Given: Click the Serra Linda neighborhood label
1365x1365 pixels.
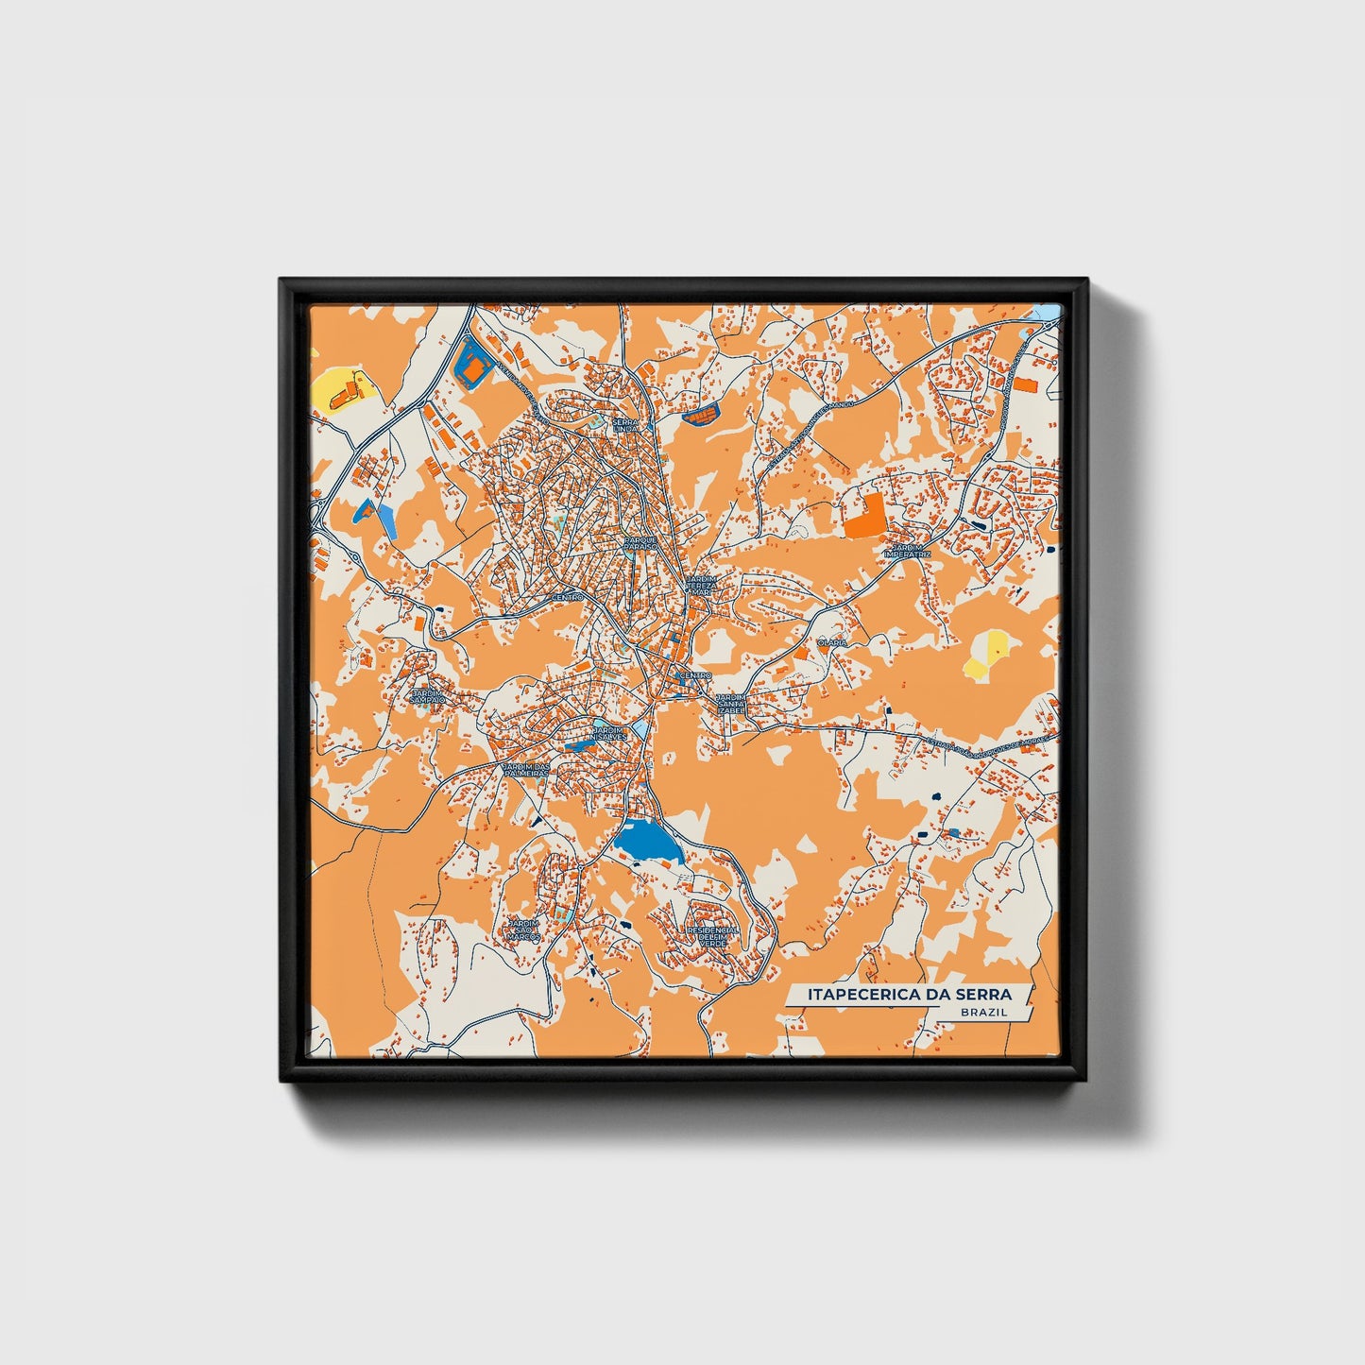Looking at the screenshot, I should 626,425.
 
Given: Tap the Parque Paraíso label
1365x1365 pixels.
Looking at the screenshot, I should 640,543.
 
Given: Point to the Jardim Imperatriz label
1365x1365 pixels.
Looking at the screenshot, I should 908,551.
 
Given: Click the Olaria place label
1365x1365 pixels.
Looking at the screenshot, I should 832,642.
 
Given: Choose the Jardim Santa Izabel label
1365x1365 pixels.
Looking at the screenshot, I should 731,703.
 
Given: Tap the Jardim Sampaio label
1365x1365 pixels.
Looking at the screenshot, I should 427,695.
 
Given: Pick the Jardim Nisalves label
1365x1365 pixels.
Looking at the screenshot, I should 608,734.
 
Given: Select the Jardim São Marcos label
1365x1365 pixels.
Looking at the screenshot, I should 523,930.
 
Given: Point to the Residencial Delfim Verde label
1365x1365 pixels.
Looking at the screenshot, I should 713,936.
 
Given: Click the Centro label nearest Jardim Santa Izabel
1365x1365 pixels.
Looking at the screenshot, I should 694,675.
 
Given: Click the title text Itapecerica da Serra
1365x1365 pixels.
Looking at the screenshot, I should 909,994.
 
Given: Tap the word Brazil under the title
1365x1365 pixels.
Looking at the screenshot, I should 982,1013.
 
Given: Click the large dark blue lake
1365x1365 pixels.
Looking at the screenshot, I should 648,840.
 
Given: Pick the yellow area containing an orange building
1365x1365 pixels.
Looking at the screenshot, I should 337,389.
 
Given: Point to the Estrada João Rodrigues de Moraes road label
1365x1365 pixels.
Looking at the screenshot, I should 973,745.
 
